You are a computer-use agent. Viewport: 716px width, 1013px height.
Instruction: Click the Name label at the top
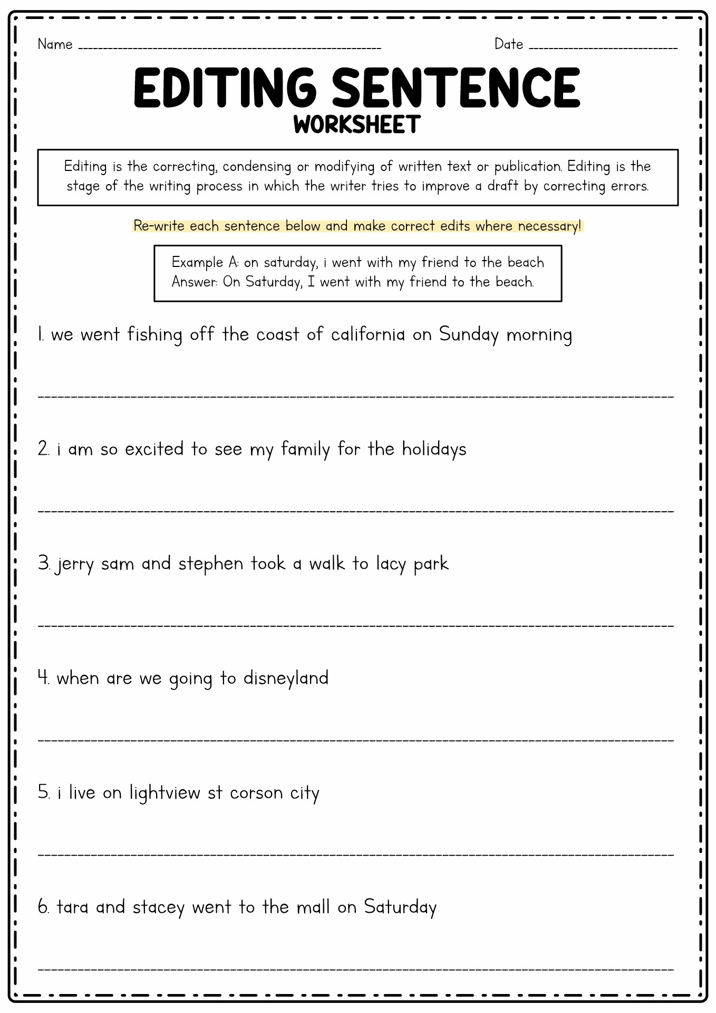coord(55,44)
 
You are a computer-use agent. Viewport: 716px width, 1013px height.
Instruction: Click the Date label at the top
coord(508,44)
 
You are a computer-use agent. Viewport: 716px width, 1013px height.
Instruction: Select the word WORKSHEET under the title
coord(357,125)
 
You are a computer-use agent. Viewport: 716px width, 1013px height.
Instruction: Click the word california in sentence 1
coord(368,335)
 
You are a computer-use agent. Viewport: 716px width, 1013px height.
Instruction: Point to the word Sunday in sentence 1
coord(469,335)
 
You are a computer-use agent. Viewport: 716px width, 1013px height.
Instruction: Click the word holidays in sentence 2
coord(434,450)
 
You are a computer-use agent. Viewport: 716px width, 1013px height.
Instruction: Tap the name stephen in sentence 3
coord(210,564)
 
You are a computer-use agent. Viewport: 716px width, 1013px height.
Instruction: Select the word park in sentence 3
coord(431,564)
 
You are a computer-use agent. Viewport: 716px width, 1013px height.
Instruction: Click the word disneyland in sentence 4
coord(286,678)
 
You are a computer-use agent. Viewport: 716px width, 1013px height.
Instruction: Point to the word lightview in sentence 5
coord(165,793)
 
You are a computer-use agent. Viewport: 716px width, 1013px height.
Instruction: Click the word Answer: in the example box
coord(195,282)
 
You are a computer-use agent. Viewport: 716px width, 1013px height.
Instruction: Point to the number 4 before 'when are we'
coord(43,677)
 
